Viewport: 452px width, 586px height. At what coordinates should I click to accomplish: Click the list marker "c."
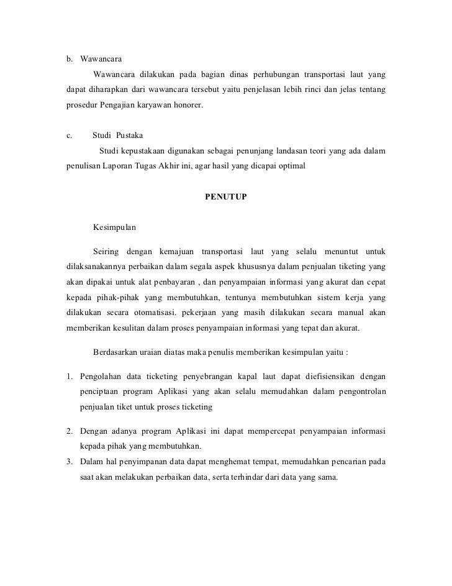pyautogui.click(x=69, y=135)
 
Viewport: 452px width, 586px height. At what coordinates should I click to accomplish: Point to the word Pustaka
pyautogui.click(x=129, y=135)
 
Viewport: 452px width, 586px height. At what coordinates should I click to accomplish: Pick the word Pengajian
pyautogui.click(x=119, y=106)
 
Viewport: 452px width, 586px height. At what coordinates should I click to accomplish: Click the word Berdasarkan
pyautogui.click(x=118, y=351)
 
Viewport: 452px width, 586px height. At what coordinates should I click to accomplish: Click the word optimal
pyautogui.click(x=289, y=166)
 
